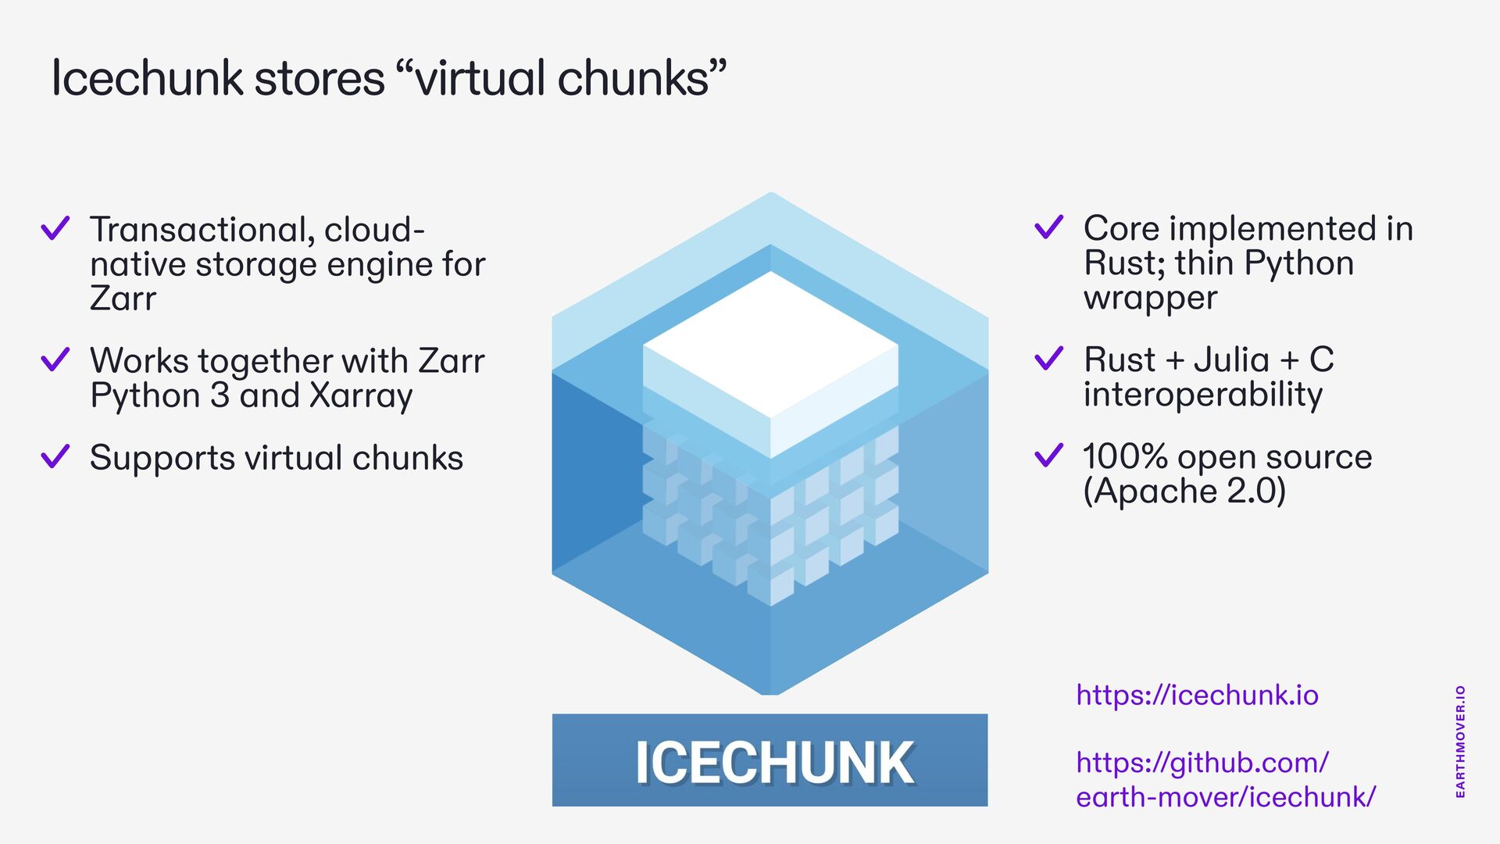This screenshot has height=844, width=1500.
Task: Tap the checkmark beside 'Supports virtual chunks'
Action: pos(55,456)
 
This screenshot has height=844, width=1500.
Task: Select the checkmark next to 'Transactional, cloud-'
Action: pos(55,228)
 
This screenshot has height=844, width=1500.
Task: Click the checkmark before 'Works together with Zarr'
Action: pos(55,359)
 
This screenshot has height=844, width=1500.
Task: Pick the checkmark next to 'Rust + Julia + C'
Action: pos(1048,358)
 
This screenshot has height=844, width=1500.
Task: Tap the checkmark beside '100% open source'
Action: pos(1048,455)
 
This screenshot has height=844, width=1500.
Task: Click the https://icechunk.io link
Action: pos(1197,695)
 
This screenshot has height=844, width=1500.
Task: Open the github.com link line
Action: pos(1202,762)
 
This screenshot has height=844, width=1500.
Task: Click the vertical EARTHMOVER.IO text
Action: pos(1460,742)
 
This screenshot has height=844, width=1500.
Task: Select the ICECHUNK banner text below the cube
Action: pos(773,762)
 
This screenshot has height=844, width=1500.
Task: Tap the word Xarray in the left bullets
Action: pos(361,395)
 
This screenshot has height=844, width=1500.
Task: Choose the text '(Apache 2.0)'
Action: pos(1184,491)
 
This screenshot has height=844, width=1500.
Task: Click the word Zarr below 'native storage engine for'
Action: pos(123,299)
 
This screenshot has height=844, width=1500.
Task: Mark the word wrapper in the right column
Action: pos(1150,298)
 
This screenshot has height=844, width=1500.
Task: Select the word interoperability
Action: pos(1203,394)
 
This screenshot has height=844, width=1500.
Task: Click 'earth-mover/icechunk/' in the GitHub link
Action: pos(1225,797)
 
